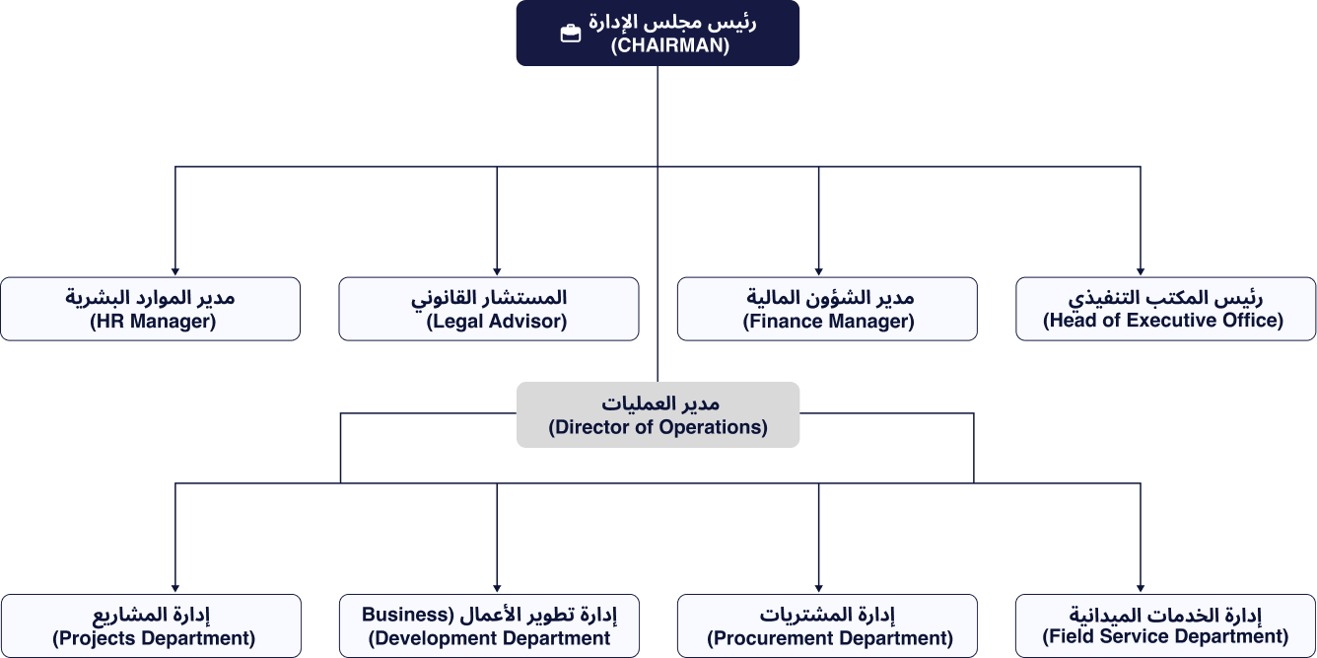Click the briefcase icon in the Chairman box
(x=571, y=34)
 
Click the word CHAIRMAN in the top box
(x=669, y=45)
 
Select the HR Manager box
(x=151, y=309)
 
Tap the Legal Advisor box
(x=489, y=309)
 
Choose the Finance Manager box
(x=827, y=309)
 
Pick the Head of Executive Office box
(x=1166, y=309)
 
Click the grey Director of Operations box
(x=658, y=415)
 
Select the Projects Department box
(x=151, y=625)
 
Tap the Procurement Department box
(x=827, y=625)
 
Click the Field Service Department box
(x=1166, y=625)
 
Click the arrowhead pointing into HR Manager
(x=175, y=272)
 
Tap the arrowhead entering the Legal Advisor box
(x=497, y=272)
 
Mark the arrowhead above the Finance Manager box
(x=818, y=272)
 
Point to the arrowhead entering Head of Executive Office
(x=1141, y=272)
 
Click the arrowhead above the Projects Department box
(x=175, y=589)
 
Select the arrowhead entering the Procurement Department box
(x=818, y=589)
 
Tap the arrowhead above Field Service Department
(x=1141, y=589)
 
